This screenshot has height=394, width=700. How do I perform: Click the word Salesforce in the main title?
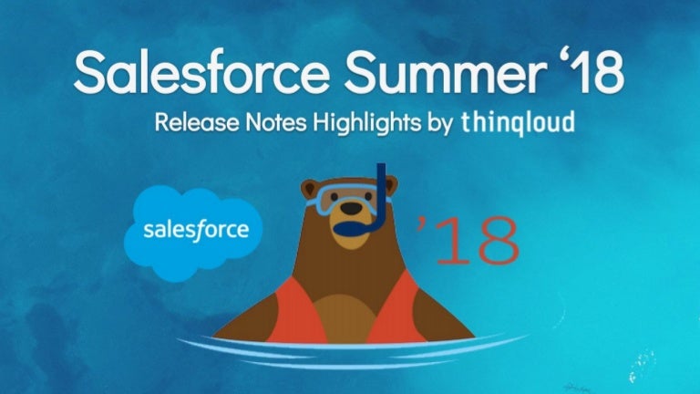[201, 72]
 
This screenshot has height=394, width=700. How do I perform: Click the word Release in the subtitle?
[197, 122]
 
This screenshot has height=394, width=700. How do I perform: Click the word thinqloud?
[518, 122]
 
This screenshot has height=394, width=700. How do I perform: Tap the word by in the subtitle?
[440, 124]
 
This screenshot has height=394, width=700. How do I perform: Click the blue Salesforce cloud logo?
[193, 233]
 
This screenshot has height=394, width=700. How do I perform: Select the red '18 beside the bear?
[468, 240]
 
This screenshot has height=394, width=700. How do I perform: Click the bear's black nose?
[351, 208]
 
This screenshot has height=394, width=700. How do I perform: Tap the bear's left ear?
[309, 188]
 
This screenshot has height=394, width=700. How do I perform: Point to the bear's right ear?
[391, 184]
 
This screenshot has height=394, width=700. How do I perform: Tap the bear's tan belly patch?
[345, 318]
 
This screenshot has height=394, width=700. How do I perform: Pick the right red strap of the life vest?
[396, 308]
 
